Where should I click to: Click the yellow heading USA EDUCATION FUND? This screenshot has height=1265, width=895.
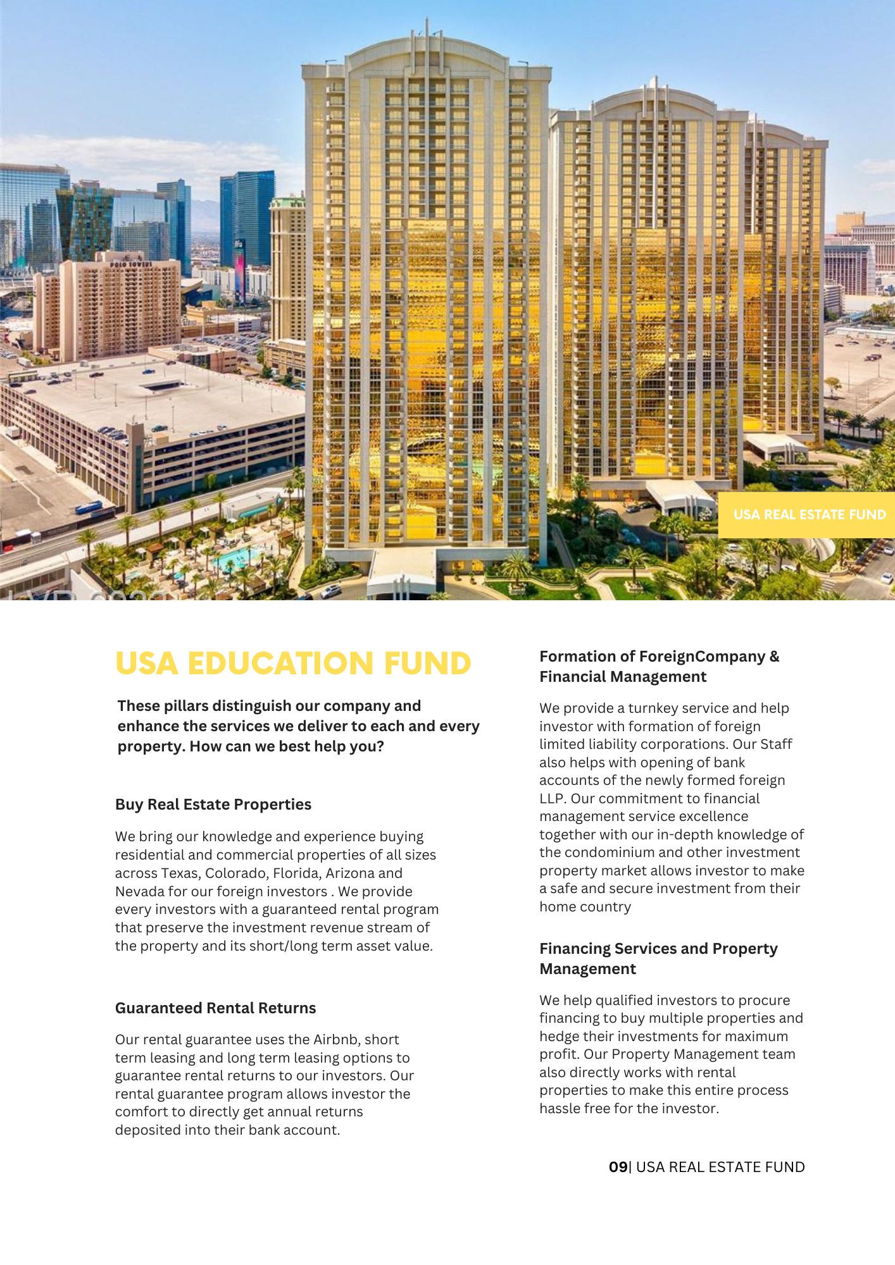pos(293,663)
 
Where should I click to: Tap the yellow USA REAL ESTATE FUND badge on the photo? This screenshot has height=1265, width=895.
pos(809,515)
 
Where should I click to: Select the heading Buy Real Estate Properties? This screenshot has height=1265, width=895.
pos(213,805)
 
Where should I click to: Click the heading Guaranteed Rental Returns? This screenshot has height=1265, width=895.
pos(215,1008)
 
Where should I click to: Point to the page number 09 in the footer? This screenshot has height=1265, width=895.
pos(618,1167)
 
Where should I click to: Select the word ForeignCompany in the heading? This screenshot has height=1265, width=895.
pos(702,657)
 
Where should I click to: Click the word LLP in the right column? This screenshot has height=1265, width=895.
pos(551,799)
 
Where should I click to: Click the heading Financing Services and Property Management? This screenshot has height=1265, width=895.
pos(658,959)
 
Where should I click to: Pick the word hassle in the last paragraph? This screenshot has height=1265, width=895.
pos(561,1109)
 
